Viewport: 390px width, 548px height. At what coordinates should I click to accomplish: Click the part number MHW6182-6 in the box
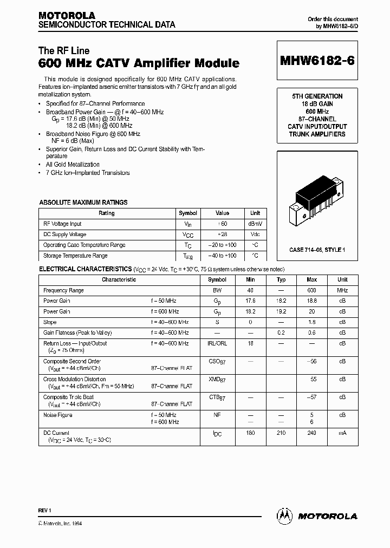317,61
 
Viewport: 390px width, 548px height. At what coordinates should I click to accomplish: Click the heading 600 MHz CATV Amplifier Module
139,63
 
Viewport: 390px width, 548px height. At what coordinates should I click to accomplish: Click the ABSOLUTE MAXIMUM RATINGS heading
83,203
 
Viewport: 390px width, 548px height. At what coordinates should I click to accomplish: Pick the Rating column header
107,213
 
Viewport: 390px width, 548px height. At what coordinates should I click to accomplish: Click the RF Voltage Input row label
62,224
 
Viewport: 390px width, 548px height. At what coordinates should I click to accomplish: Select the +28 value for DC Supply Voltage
222,234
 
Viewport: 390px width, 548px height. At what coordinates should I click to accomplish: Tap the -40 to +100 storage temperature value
222,256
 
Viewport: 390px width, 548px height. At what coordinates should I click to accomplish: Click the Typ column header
281,280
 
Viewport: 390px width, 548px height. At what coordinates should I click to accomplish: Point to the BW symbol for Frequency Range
217,291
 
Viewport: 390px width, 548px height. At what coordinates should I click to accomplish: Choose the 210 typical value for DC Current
281,433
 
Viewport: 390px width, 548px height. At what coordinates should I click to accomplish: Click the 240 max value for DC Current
311,433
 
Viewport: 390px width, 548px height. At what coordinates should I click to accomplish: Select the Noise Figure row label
58,415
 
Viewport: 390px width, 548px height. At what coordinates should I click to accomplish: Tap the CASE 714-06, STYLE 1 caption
317,250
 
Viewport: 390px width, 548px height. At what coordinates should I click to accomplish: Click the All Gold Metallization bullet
73,165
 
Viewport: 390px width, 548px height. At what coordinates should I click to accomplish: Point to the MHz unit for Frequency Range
342,291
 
